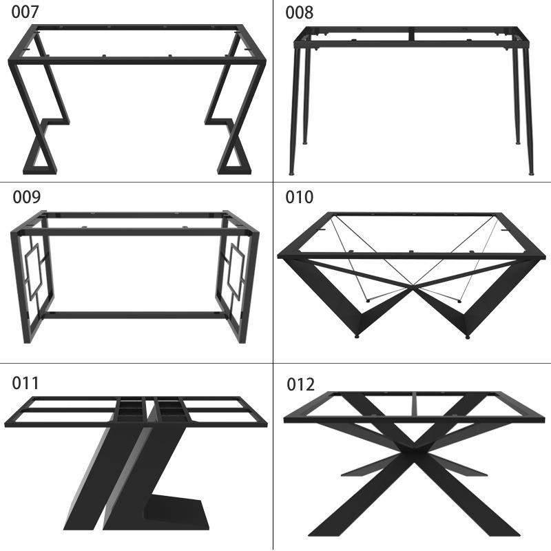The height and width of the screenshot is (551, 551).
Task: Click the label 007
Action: (x=25, y=12)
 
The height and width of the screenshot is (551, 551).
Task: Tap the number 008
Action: (x=299, y=12)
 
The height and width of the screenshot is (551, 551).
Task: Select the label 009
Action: (x=27, y=197)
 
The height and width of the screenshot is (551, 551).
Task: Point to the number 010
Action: (x=299, y=197)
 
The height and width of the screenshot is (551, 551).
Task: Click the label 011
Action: (x=25, y=383)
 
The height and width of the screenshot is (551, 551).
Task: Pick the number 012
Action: (x=300, y=384)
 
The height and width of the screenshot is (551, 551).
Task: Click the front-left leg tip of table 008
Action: (x=291, y=173)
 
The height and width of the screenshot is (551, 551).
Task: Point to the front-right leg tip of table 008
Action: (x=531, y=173)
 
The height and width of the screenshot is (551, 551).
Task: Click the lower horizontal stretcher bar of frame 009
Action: (x=134, y=315)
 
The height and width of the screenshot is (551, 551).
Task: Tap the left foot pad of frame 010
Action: (x=357, y=336)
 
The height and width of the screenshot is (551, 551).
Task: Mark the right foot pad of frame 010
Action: (x=468, y=337)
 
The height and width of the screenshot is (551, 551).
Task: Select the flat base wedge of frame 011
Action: (x=176, y=512)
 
